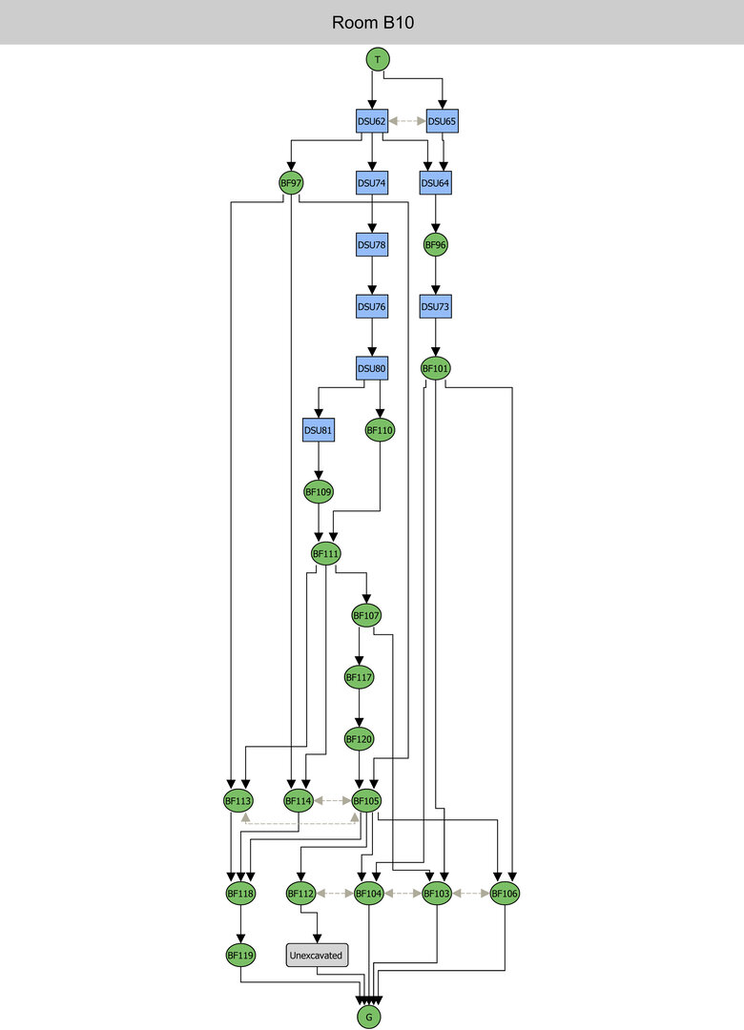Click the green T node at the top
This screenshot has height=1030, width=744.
click(x=379, y=59)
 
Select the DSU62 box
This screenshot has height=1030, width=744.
click(x=371, y=121)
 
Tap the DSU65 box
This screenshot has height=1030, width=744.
click(x=442, y=121)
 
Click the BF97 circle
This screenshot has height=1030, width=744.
click(x=291, y=182)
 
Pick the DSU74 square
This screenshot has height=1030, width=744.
click(x=371, y=182)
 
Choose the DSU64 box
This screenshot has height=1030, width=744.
click(x=436, y=182)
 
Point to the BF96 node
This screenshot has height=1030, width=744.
click(x=436, y=245)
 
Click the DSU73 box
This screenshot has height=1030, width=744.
click(x=436, y=307)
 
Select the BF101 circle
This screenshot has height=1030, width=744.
click(x=436, y=368)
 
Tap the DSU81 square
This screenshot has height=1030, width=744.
click(x=317, y=430)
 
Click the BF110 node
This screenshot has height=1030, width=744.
click(x=380, y=430)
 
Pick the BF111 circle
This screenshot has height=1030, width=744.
click(x=326, y=553)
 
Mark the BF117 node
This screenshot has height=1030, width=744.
click(x=359, y=677)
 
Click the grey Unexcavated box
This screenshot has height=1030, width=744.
click(x=317, y=954)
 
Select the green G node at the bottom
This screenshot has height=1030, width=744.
click(x=368, y=1018)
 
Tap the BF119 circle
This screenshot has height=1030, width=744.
click(x=240, y=954)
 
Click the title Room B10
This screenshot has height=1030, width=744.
click(x=372, y=22)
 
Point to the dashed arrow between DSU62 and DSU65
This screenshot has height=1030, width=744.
click(x=406, y=121)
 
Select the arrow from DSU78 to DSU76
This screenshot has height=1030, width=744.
click(x=371, y=277)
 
